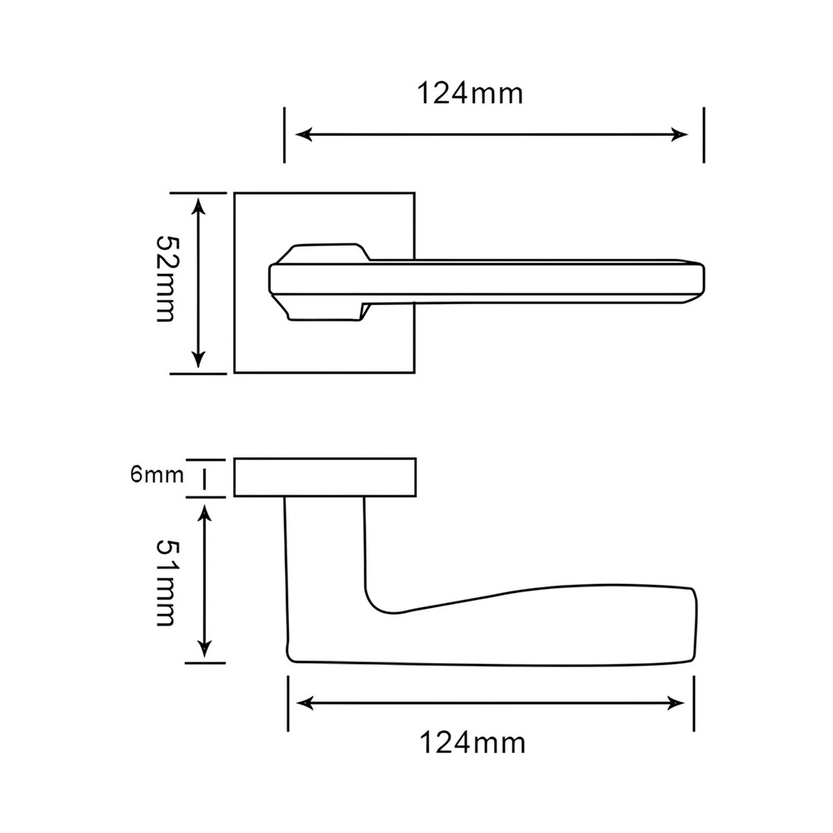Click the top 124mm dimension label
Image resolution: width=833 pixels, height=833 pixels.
[470, 93]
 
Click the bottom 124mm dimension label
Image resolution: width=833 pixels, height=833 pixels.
[472, 742]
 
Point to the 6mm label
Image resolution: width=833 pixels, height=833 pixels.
[157, 475]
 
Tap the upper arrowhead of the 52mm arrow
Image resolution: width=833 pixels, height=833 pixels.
[198, 206]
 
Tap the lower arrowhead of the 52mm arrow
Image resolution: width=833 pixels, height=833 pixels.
[198, 360]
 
